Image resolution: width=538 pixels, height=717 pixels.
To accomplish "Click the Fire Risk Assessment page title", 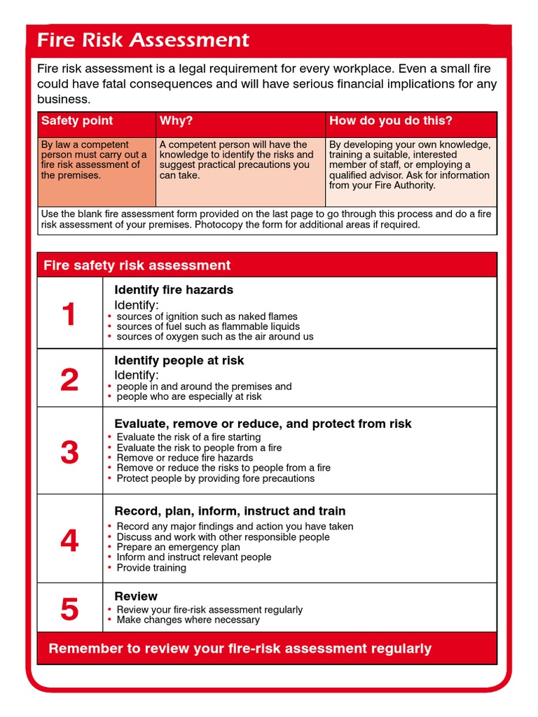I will coord(143,40).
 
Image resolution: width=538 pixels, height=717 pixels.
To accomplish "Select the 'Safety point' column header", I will coord(77,120).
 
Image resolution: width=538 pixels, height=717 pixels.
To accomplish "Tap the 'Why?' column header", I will coord(176,120).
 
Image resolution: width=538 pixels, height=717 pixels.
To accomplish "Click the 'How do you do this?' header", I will coord(391,120).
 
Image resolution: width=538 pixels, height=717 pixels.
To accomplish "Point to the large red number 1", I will coord(69,314).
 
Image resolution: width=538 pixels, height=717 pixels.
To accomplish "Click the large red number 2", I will coord(69,380).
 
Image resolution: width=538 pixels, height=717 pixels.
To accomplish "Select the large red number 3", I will coord(69,452).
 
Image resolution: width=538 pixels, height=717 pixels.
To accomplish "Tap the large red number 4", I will coord(69,541).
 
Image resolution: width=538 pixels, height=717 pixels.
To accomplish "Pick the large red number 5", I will coord(69,609).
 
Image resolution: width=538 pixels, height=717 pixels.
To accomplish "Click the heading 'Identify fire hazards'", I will coord(174,290).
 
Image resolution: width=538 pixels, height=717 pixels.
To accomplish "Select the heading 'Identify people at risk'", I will coord(179,361).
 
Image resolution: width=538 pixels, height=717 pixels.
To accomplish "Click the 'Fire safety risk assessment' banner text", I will coord(137,265).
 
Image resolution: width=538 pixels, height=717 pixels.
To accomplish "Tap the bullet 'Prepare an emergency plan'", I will coord(178,547).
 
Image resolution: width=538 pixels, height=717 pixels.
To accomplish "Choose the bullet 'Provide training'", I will coord(151,568).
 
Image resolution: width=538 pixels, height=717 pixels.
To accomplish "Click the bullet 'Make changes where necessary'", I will coord(188,620).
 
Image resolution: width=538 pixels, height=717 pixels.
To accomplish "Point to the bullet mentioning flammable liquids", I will coord(207,326).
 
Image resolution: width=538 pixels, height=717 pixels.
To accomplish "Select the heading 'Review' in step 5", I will coord(136,596).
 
